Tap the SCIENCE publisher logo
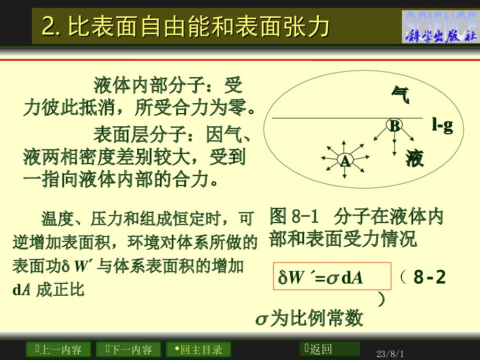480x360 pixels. (440, 26)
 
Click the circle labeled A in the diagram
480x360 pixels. (345, 160)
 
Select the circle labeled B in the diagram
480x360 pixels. (394, 126)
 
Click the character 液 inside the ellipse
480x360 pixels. (414, 158)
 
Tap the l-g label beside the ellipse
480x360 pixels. (442, 126)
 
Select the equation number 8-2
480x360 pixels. (429, 277)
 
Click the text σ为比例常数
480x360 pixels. (309, 318)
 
